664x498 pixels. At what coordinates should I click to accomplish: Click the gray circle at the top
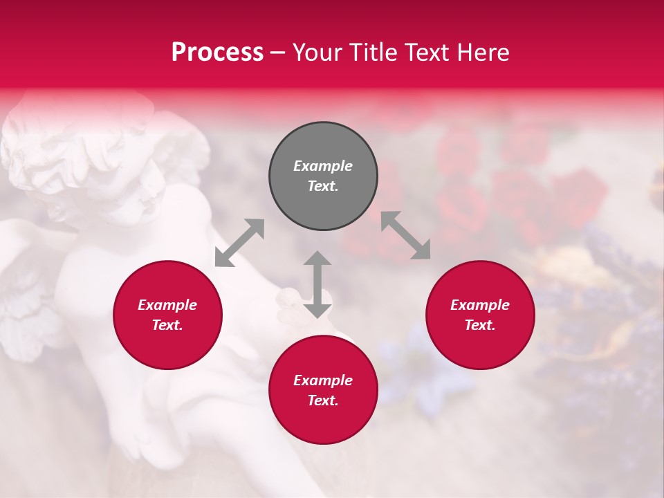pos(323,176)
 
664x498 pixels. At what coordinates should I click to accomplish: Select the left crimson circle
pos(167,315)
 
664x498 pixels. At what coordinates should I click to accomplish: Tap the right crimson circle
pos(480,315)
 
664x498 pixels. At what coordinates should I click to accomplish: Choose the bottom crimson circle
pos(323,390)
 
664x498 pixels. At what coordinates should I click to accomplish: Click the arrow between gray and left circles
pos(239,243)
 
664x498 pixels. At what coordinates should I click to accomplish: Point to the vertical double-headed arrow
pos(317,284)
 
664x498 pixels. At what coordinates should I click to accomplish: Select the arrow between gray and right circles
pos(405,235)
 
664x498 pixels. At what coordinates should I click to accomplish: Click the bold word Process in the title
pos(217,52)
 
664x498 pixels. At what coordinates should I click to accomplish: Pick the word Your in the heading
pos(317,52)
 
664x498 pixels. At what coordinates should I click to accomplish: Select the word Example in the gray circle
pos(323,166)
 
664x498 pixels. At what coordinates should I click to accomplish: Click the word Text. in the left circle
pos(167,326)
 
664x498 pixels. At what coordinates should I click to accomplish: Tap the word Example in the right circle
pos(480,305)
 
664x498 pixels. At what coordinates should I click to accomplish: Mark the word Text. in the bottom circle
pos(323,400)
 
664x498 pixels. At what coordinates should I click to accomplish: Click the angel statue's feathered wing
pos(28,304)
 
